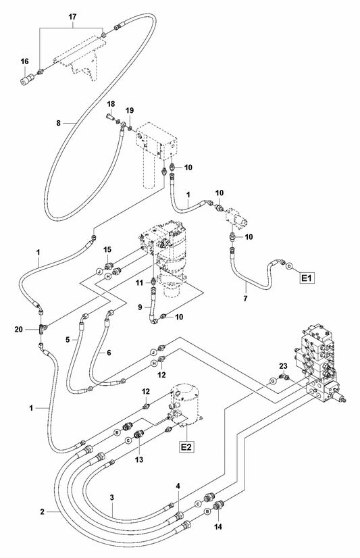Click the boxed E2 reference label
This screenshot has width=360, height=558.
(x=186, y=447)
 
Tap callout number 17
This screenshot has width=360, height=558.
(x=72, y=17)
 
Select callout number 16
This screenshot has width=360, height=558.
(x=24, y=61)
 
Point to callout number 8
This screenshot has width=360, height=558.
(x=58, y=123)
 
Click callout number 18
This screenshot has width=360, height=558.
(x=111, y=104)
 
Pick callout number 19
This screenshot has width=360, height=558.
(x=130, y=111)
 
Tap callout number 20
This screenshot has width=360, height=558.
(x=19, y=330)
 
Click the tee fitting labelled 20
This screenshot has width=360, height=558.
(x=42, y=329)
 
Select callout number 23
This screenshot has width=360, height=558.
(x=283, y=366)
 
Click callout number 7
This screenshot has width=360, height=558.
(x=245, y=299)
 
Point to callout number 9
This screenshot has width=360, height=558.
(x=140, y=307)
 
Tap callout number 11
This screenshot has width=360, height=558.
(x=140, y=282)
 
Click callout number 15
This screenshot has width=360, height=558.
(x=107, y=250)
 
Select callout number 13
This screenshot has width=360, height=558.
(x=139, y=460)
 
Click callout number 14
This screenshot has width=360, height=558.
(x=218, y=527)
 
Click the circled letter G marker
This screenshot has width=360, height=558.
(x=273, y=381)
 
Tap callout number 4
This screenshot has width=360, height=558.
(x=178, y=486)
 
